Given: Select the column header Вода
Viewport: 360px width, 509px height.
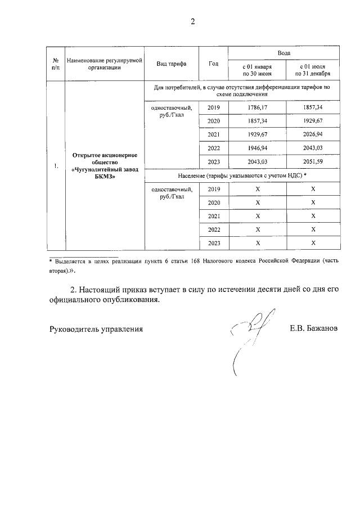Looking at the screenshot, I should (284, 52).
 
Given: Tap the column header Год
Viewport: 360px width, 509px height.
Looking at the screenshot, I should (213, 64).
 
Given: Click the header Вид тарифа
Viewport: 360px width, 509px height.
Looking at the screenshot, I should (172, 64).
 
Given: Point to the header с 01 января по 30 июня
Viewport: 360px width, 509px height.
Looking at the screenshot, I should (257, 70).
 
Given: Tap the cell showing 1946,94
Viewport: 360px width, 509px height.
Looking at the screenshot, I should (257, 148).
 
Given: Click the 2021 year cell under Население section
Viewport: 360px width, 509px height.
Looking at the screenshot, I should (214, 216).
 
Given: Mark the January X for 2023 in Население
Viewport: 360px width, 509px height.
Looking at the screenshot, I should (257, 243).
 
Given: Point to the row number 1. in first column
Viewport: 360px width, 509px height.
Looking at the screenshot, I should (56, 166).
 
